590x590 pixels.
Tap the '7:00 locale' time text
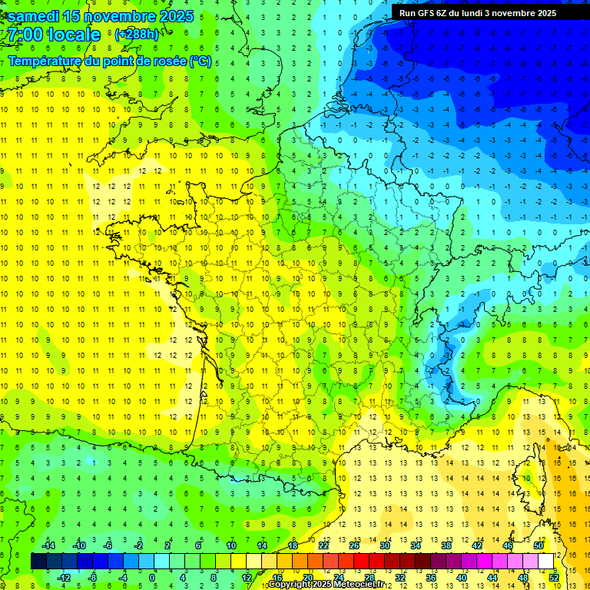pyautogui.click(x=52, y=35)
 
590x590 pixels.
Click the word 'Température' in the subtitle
pyautogui.click(x=48, y=61)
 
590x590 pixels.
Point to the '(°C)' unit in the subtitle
pyautogui.click(x=201, y=61)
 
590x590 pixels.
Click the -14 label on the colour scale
pyautogui.click(x=48, y=545)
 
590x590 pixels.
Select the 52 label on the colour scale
pyautogui.click(x=554, y=577)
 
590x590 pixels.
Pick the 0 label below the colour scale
pyautogui.click(x=152, y=577)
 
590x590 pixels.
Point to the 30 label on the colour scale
pyautogui.click(x=385, y=545)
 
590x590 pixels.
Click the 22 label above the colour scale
pyautogui.click(x=323, y=545)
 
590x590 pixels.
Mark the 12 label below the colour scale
pyautogui.click(x=246, y=577)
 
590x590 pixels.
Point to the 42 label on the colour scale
pyautogui.click(x=477, y=545)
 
